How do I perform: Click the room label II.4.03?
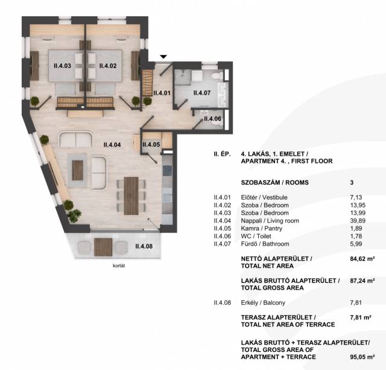pyautogui.click(x=62, y=66)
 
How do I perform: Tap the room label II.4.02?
pyautogui.click(x=108, y=66)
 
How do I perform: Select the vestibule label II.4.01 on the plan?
pyautogui.click(x=162, y=93)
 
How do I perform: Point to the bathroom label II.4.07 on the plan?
pyautogui.click(x=202, y=93)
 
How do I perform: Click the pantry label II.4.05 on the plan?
pyautogui.click(x=151, y=145)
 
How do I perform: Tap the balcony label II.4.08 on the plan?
pyautogui.click(x=144, y=246)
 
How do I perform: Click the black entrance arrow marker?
pyautogui.click(x=163, y=57)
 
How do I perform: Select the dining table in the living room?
pyautogui.click(x=131, y=196)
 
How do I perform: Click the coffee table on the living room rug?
pyautogui.click(x=78, y=170)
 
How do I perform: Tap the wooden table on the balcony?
pyautogui.click(x=103, y=247)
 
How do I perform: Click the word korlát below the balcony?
pyautogui.click(x=119, y=266)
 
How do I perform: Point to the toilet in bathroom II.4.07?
pyautogui.click(x=217, y=75)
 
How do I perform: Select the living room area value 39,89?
pyautogui.click(x=358, y=221)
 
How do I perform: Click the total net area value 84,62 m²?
pyautogui.click(x=362, y=259)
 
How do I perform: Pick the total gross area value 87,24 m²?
pyautogui.click(x=362, y=281)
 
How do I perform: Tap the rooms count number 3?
pyautogui.click(x=352, y=182)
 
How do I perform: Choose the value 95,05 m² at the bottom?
pyautogui.click(x=362, y=357)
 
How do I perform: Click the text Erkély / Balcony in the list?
pyautogui.click(x=263, y=303)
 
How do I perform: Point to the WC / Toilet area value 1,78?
pyautogui.click(x=356, y=236)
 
